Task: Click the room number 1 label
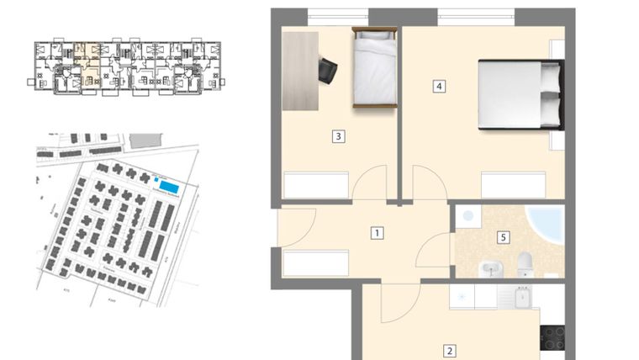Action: pyautogui.click(x=378, y=233)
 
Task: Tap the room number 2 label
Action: pyautogui.click(x=450, y=352)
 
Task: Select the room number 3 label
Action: pyautogui.click(x=336, y=135)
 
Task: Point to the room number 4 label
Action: pyautogui.click(x=439, y=85)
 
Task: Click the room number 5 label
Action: pyautogui.click(x=503, y=237)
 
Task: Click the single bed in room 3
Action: pyautogui.click(x=374, y=67)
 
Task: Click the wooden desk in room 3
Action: pyautogui.click(x=299, y=70)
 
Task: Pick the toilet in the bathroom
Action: pyautogui.click(x=525, y=264)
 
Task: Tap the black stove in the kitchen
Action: pyautogui.click(x=552, y=338)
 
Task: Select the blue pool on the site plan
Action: pyautogui.click(x=169, y=186)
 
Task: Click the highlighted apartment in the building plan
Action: pyautogui.click(x=87, y=66)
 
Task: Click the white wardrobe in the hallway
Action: pyautogui.click(x=315, y=262)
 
